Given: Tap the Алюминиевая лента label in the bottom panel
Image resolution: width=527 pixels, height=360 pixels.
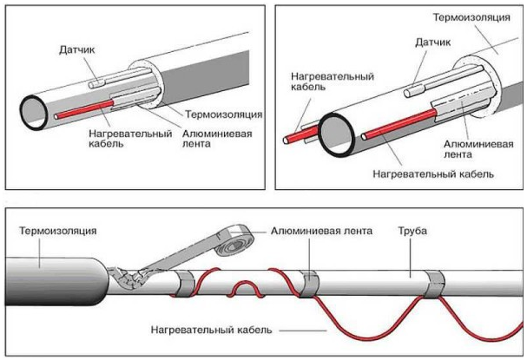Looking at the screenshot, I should click(322, 232).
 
